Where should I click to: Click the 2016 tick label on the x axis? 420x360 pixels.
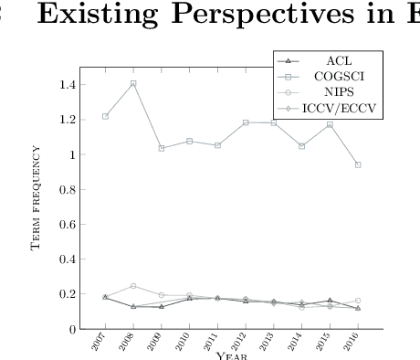pos(353,343)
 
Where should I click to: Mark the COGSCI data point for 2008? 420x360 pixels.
pos(133,83)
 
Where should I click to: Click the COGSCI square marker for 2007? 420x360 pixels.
pos(106,116)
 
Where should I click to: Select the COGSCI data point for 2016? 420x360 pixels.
pos(358,164)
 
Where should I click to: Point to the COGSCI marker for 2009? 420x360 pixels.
pos(162,148)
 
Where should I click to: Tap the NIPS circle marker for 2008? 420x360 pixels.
pos(133,286)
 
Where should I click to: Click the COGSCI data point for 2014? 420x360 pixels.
pos(301,146)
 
